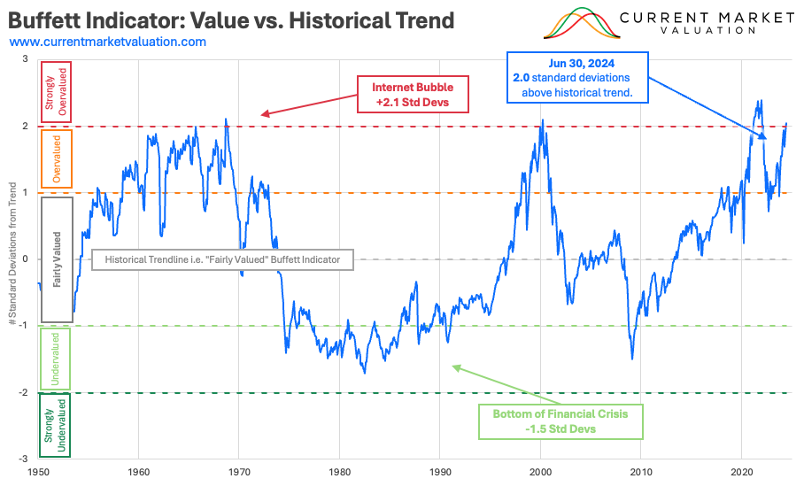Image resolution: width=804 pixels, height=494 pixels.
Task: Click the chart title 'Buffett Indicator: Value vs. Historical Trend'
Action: (x=232, y=19)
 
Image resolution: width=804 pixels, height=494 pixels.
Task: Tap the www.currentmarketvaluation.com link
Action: (x=108, y=42)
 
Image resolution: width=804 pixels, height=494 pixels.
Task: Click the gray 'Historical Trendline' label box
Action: (x=223, y=259)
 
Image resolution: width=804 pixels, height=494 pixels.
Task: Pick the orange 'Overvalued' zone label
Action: (x=57, y=159)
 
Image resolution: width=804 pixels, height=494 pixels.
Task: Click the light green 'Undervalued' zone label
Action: (x=57, y=359)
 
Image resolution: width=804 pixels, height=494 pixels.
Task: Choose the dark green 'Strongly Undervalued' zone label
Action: (x=57, y=425)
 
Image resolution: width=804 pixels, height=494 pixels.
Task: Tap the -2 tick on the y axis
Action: (x=26, y=392)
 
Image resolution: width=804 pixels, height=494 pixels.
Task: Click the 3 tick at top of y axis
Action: (x=26, y=59)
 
